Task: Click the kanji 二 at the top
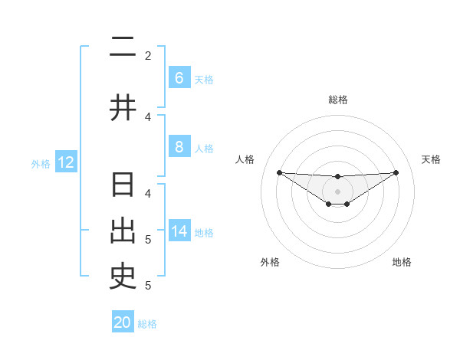123,48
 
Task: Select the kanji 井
123,108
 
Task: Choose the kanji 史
123,277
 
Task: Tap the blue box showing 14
179,231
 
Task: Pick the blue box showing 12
65,162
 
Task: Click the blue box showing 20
123,322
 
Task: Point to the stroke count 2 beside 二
148,55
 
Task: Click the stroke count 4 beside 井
148,116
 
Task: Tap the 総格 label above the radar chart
338,100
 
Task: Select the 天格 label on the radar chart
431,159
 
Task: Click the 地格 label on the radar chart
402,262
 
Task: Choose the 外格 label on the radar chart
270,262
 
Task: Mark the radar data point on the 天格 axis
396,172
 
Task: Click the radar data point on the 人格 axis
279,172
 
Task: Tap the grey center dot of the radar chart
338,191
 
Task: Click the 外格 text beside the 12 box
40,163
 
